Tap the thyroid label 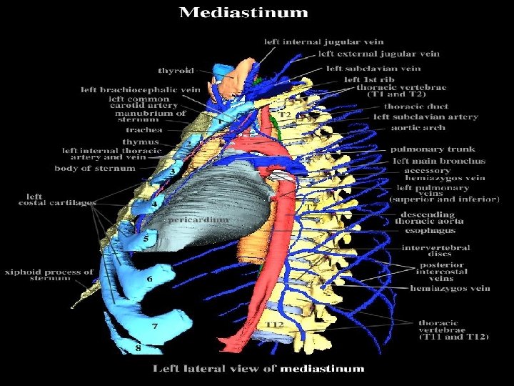pos(176,71)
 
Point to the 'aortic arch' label pos(418,128)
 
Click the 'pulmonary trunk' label pos(427,149)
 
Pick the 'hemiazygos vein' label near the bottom pos(450,288)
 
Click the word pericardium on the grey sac pos(198,220)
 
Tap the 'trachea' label pos(144,130)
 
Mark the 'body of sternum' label pos(95,169)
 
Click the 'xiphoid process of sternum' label pos(49,275)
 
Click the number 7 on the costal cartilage pos(154,326)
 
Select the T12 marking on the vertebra pos(275,325)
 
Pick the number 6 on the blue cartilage pos(149,278)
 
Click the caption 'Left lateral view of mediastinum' pos(258,369)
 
